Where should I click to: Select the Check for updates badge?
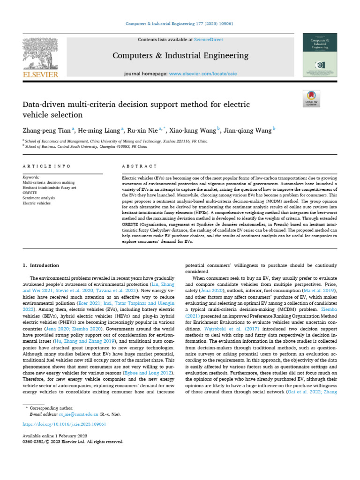(312, 98)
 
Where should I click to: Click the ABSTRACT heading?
(139, 166)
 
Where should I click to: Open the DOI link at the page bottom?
(64, 424)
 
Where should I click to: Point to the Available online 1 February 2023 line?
(53, 436)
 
